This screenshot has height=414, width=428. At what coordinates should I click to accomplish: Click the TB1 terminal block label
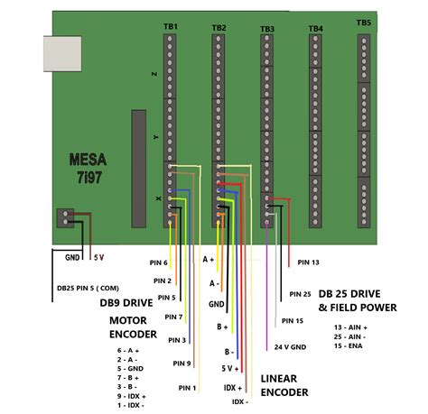coord(171,27)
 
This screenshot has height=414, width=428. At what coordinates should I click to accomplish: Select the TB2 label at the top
coord(219,28)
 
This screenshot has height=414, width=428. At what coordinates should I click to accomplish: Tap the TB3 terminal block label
coord(267,30)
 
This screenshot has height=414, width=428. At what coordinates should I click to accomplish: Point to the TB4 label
coord(315,29)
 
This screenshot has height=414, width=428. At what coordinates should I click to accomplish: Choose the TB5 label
coord(363,23)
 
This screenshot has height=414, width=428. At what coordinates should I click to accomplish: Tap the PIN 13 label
coord(308,262)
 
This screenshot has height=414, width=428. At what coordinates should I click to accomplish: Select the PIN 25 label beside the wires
coord(301,294)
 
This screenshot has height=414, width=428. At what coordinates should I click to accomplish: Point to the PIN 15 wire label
coord(293,320)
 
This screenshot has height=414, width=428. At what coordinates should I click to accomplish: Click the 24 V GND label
coord(288,346)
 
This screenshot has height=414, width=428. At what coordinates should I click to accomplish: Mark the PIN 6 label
coord(159,262)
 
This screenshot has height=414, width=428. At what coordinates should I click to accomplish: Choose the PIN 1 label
coord(187,388)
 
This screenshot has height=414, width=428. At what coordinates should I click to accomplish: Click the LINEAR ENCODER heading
coord(284,385)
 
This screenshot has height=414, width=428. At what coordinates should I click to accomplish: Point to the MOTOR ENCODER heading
coord(134,327)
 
